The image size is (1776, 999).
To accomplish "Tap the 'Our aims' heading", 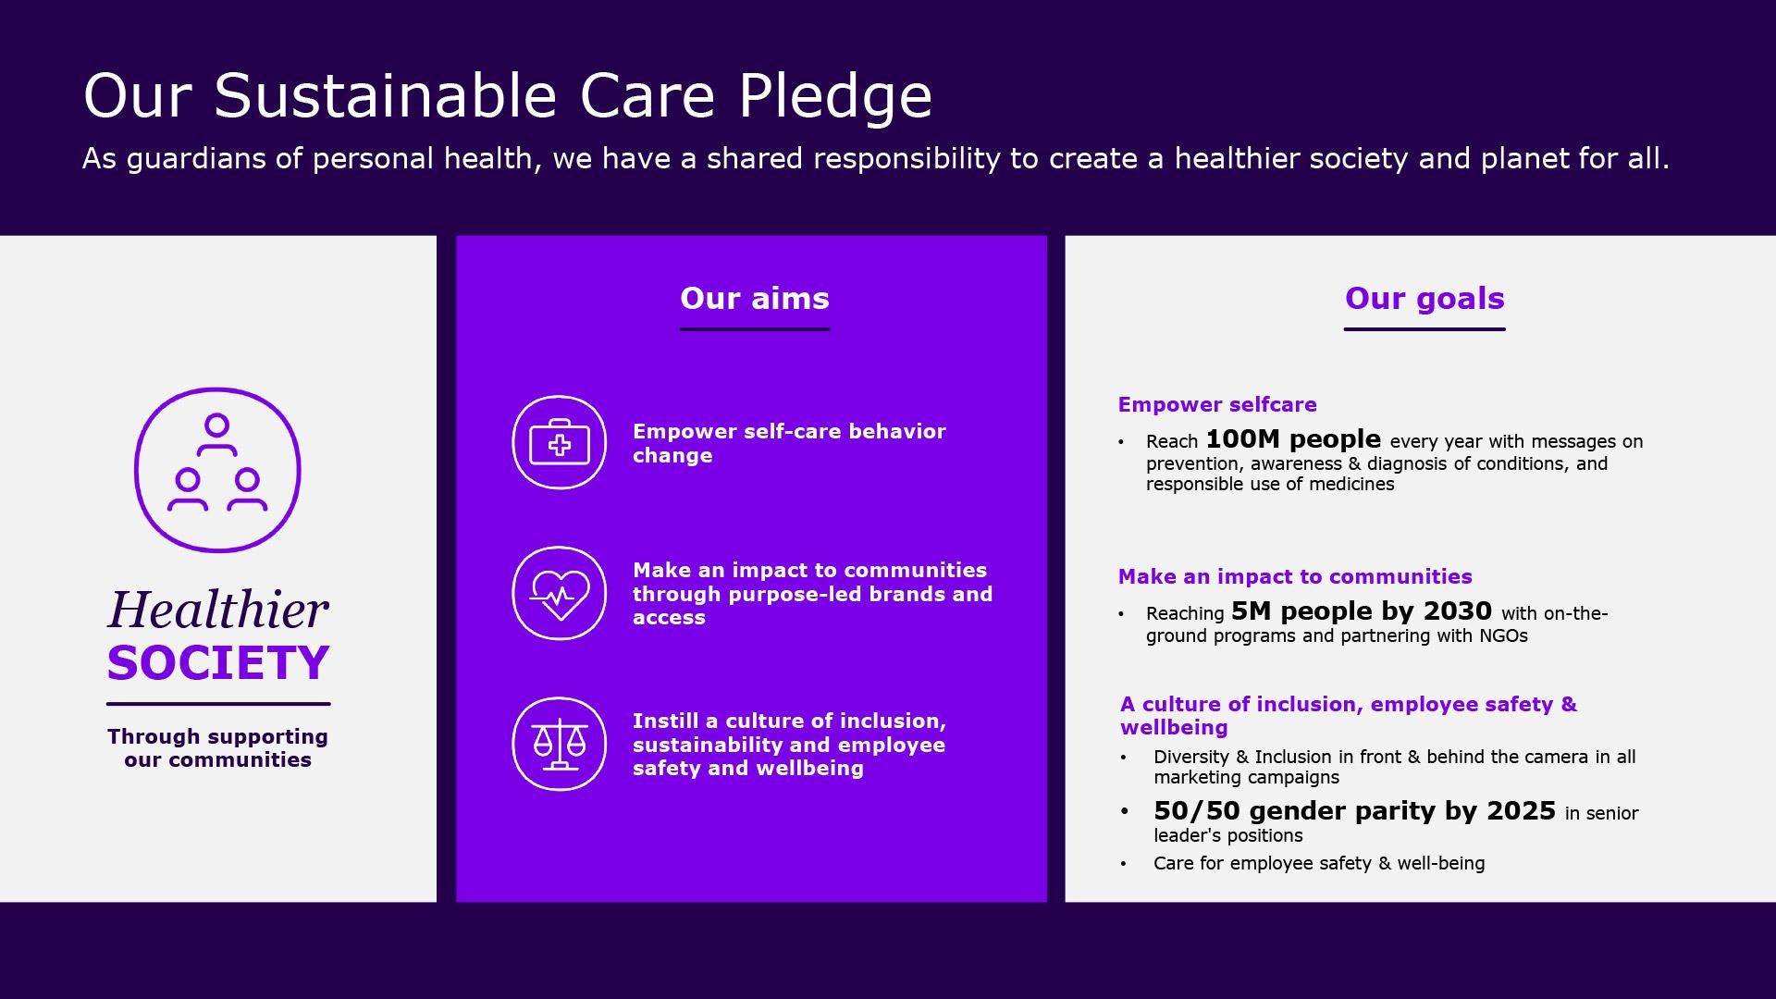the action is tap(755, 298).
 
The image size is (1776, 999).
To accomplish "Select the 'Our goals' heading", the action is tap(1424, 298).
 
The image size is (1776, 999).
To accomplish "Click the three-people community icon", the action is tap(217, 470).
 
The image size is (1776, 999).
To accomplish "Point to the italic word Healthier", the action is tap(218, 610).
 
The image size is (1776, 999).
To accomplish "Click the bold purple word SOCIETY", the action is tap(218, 662).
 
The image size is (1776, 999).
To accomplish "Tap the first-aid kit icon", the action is tap(559, 443).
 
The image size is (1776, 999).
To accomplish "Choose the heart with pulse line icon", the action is tap(559, 593).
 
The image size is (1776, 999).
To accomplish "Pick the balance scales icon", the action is tap(559, 744).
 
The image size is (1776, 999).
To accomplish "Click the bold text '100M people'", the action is tap(1293, 439).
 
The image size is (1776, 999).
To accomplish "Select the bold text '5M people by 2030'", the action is tap(1362, 611).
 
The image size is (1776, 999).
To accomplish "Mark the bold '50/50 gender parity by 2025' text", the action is tap(1354, 811).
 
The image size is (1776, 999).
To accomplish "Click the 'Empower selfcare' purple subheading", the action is tap(1217, 404).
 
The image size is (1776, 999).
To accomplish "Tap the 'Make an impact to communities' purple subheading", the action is tap(1295, 576).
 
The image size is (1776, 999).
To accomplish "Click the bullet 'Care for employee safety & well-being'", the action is tap(1319, 863).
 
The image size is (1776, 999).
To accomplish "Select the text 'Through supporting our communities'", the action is tap(218, 747).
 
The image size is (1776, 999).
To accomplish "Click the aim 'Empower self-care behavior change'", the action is tap(789, 443).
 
